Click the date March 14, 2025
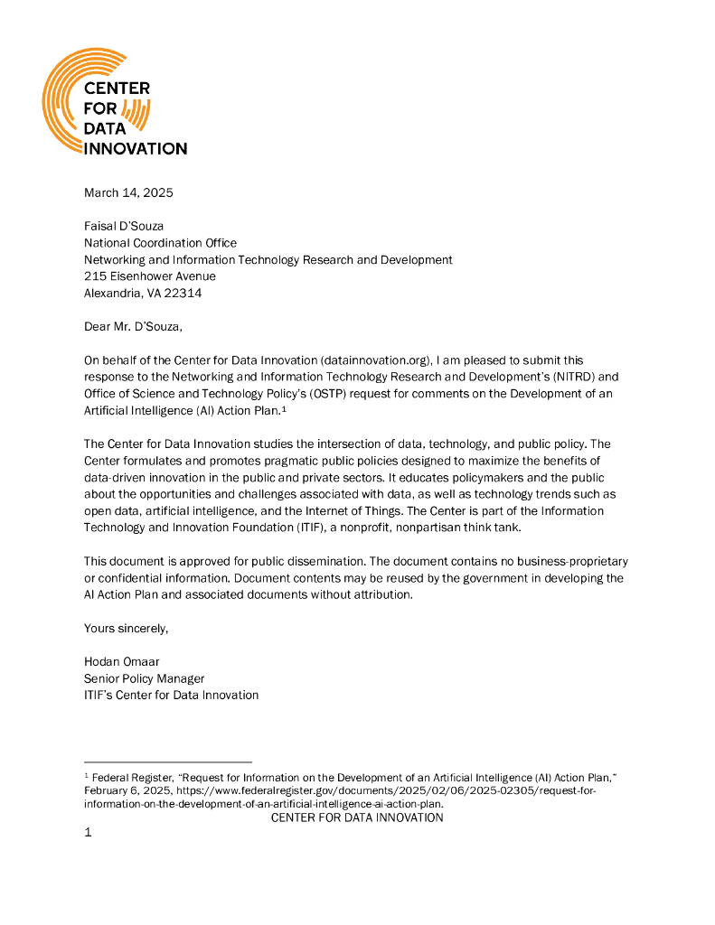(x=128, y=192)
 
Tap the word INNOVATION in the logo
(x=136, y=148)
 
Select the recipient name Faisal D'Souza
(x=124, y=226)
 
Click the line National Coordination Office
(x=160, y=243)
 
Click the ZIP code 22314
(x=181, y=293)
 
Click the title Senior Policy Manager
(x=145, y=678)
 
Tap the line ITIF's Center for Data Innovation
(x=172, y=695)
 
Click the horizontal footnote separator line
(x=167, y=761)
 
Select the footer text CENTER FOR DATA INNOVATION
(x=357, y=818)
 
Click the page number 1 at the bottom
(x=88, y=833)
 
